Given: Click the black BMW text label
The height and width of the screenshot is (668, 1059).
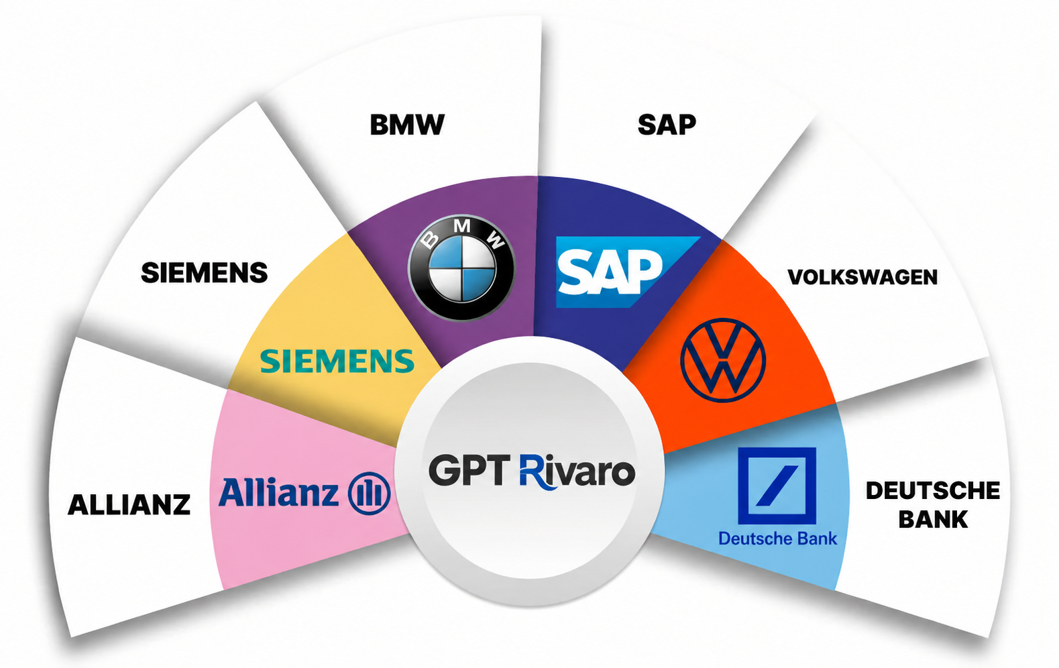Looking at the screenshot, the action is (x=407, y=125).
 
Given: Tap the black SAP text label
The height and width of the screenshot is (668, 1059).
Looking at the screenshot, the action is (x=667, y=125).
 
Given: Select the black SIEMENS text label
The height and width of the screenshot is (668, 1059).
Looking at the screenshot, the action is (x=205, y=273).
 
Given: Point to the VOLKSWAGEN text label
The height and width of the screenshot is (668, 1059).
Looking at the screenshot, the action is (x=862, y=277).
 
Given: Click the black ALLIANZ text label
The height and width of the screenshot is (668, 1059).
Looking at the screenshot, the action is (x=129, y=505).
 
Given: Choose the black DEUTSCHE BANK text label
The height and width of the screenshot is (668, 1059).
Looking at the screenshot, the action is (x=933, y=505).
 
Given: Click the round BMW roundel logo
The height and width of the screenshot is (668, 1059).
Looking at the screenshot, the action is (x=461, y=268).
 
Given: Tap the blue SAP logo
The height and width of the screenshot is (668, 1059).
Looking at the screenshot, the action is (x=627, y=272).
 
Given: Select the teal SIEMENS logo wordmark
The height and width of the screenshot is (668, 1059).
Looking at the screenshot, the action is (x=337, y=361).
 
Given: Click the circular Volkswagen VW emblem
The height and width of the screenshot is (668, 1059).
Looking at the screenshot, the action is (x=723, y=360).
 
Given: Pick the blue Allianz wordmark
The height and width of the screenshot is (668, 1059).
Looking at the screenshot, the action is (x=278, y=492).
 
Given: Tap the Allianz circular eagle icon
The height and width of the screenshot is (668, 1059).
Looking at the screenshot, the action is (x=370, y=493).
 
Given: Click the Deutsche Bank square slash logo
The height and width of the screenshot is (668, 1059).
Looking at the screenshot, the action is (x=777, y=486).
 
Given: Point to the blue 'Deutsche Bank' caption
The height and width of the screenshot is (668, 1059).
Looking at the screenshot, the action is (x=778, y=539).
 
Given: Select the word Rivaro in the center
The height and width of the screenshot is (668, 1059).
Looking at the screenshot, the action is (x=577, y=471).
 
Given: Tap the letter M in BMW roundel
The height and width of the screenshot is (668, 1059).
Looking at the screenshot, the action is (x=462, y=226).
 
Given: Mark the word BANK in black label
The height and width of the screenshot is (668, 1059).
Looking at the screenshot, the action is (x=933, y=519).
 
